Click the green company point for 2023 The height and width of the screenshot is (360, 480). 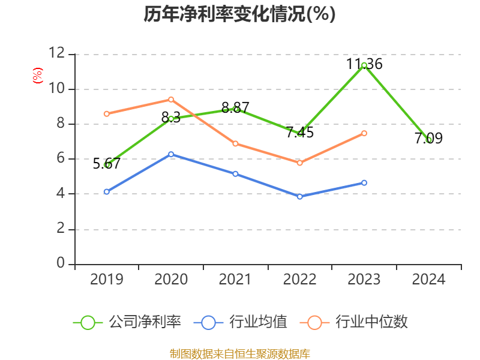pyautogui.click(x=364, y=65)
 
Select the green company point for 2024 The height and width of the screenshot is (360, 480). pyautogui.click(x=428, y=140)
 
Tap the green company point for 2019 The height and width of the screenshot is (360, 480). pyautogui.click(x=107, y=164)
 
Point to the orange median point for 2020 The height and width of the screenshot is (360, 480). pyautogui.click(x=171, y=100)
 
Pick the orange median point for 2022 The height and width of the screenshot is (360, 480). pyautogui.click(x=299, y=163)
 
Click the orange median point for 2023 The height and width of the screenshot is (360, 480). pyautogui.click(x=364, y=133)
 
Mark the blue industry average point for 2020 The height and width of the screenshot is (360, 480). pyautogui.click(x=171, y=154)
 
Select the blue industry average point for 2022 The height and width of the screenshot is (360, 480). pyautogui.click(x=299, y=196)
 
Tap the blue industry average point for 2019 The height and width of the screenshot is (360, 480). pyautogui.click(x=107, y=191)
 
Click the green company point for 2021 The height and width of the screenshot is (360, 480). pyautogui.click(x=236, y=109)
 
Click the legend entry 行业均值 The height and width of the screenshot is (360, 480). pyautogui.click(x=241, y=322)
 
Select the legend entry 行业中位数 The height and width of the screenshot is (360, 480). pyautogui.click(x=358, y=322)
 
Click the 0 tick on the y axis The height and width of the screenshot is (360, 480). pyautogui.click(x=60, y=264)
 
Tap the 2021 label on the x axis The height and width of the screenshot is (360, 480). pyautogui.click(x=235, y=280)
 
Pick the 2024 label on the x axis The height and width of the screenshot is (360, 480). pyautogui.click(x=428, y=280)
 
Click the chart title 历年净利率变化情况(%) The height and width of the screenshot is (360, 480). pyautogui.click(x=239, y=14)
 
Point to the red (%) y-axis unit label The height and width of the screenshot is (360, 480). pyautogui.click(x=38, y=76)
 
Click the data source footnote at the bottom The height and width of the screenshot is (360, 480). pyautogui.click(x=239, y=353)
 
